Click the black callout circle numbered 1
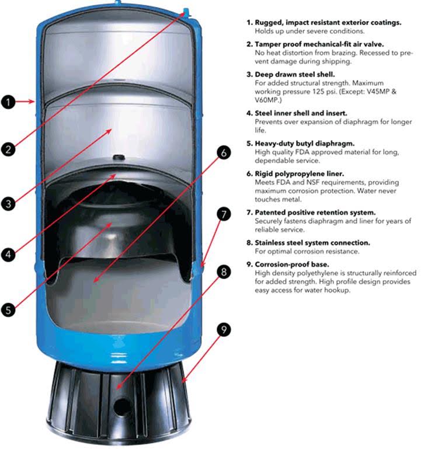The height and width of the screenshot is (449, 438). coord(8,102)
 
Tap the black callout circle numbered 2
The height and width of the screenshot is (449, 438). coord(8,149)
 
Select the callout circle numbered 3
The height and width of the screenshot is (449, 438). coord(8,204)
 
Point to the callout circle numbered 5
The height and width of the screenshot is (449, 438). coord(8,309)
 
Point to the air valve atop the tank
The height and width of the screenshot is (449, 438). coord(186,11)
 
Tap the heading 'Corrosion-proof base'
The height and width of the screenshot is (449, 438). coord(291,263)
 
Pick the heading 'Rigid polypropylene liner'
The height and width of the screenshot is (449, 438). coord(300,173)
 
